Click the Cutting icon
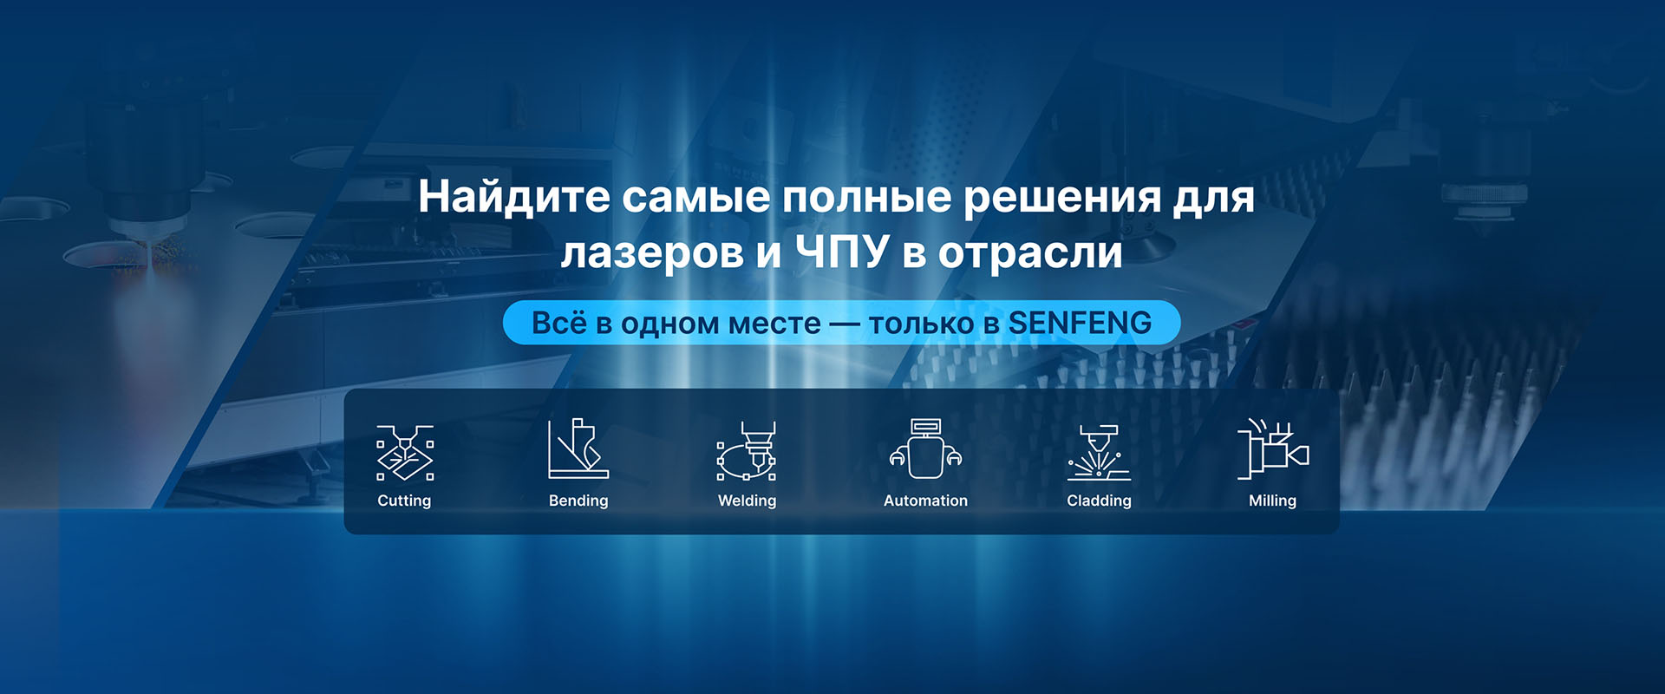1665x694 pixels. [405, 453]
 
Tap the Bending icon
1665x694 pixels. [578, 448]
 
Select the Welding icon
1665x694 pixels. [747, 451]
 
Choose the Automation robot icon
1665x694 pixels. [925, 448]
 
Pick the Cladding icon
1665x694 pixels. [1099, 453]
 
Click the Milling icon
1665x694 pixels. [1273, 448]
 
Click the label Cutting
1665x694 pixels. [404, 501]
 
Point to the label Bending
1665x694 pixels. [578, 501]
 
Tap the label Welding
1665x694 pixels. [748, 501]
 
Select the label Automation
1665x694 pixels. [925, 501]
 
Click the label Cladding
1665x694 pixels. [1099, 501]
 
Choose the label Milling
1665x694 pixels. [1272, 501]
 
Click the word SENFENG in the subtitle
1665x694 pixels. [1080, 323]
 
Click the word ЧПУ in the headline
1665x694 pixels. [843, 252]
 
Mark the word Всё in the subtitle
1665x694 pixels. [559, 323]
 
